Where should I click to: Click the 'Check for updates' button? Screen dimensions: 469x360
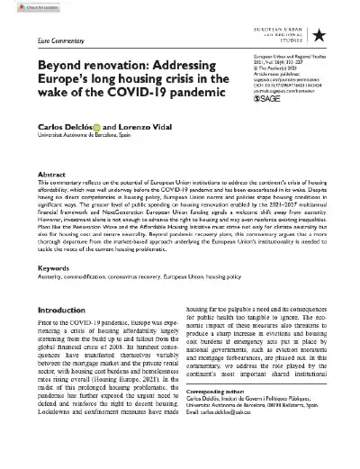pyautogui.click(x=26, y=7)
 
